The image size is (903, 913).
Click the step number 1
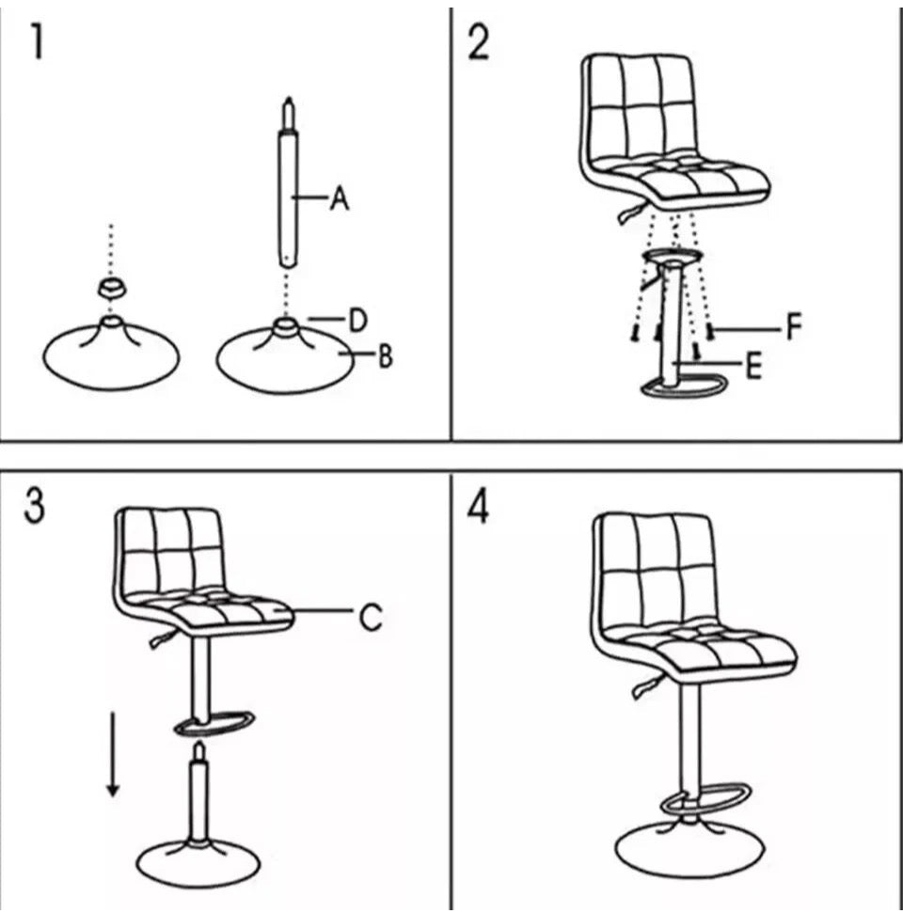[x=38, y=42]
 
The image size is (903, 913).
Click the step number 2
[x=478, y=42]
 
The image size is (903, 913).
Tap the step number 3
[x=35, y=506]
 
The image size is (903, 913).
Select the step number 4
[x=478, y=506]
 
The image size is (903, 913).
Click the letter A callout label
[x=339, y=198]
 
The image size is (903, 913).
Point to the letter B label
[x=385, y=355]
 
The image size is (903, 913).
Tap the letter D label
[x=357, y=320]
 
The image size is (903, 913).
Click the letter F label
[x=794, y=326]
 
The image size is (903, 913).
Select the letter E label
[x=753, y=367]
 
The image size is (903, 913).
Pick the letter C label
[x=371, y=617]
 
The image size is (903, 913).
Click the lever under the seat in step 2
[x=632, y=213]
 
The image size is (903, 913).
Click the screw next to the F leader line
[x=709, y=333]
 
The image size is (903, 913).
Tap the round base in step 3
[x=198, y=864]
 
